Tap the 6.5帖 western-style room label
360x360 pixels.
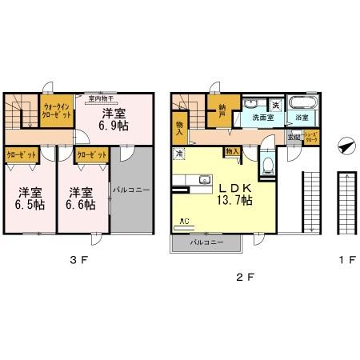29,198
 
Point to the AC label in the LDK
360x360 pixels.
184,221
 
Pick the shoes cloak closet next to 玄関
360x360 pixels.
310,137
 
